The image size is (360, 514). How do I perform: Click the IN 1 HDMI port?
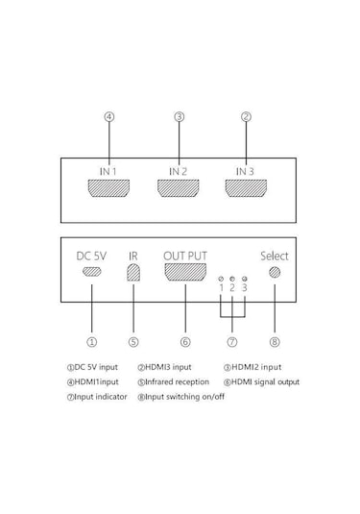click(x=109, y=186)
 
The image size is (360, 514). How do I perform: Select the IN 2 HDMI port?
click(x=178, y=186)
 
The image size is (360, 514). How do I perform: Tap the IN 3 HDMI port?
click(x=246, y=186)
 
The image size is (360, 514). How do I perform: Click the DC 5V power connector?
click(x=91, y=273)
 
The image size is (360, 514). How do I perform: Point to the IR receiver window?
click(x=133, y=273)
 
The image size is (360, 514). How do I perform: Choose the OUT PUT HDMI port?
click(x=184, y=273)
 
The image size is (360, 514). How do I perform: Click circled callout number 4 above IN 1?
click(x=109, y=117)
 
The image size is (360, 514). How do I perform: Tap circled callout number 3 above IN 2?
click(x=178, y=117)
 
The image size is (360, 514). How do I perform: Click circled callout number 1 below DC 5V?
click(x=91, y=340)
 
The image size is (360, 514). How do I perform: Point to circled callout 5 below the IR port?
click(x=133, y=340)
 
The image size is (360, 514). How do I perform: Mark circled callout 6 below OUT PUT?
click(x=184, y=340)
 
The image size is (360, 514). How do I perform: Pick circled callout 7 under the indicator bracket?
click(x=232, y=340)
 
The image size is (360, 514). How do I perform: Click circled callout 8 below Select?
click(x=275, y=340)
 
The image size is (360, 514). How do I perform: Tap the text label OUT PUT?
click(x=184, y=255)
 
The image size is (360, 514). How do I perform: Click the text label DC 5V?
click(x=91, y=256)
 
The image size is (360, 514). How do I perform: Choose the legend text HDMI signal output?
click(x=266, y=381)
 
